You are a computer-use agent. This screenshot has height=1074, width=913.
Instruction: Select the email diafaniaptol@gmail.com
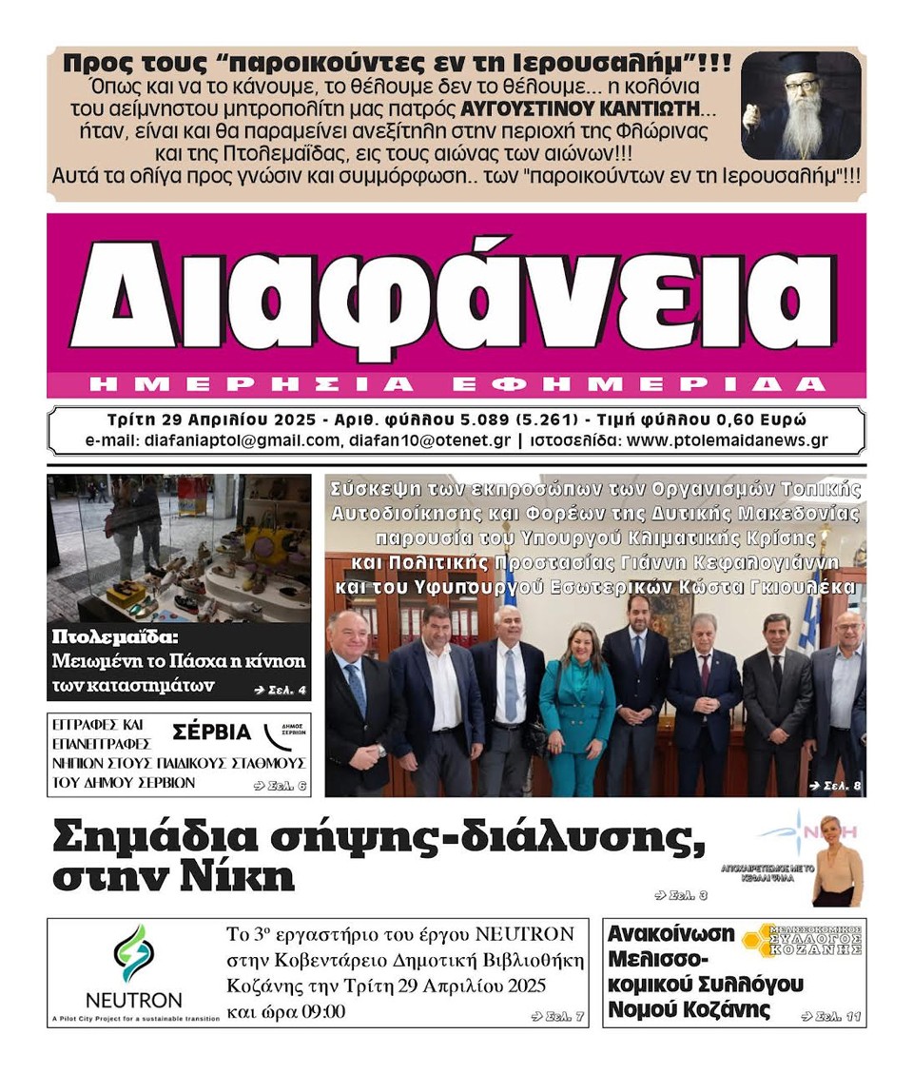pyautogui.click(x=241, y=440)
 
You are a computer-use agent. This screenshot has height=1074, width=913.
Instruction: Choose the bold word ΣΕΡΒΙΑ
pyautogui.click(x=211, y=732)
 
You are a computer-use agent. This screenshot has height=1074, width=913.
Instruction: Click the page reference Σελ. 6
pyautogui.click(x=281, y=786)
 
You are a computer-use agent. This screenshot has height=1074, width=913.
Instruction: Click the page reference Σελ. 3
pyautogui.click(x=681, y=895)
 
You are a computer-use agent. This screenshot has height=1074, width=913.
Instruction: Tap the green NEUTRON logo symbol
pyautogui.click(x=133, y=954)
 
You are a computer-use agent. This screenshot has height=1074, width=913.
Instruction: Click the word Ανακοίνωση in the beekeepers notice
pyautogui.click(x=670, y=933)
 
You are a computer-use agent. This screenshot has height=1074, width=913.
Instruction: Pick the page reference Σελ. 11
pyautogui.click(x=831, y=1017)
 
